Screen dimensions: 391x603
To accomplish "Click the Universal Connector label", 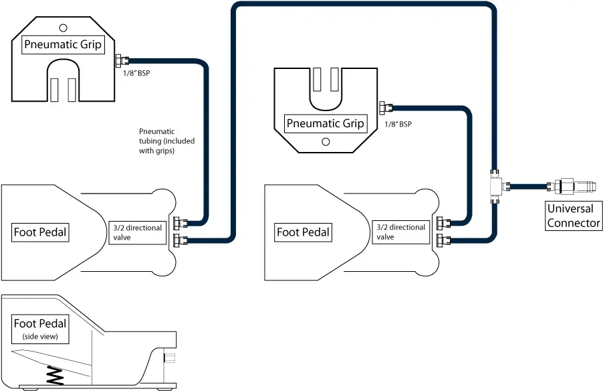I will click(x=574, y=216).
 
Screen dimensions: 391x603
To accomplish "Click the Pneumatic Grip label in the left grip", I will click(x=63, y=45).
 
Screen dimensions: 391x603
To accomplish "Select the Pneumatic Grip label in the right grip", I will click(x=325, y=123).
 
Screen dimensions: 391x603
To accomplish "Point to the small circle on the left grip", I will click(x=63, y=27).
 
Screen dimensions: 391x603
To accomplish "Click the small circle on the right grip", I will click(x=326, y=141).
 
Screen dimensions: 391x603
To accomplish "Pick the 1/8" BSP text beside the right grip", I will click(x=398, y=125).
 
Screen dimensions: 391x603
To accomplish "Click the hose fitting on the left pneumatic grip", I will click(x=120, y=61).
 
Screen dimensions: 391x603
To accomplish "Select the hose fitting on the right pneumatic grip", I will click(x=384, y=107).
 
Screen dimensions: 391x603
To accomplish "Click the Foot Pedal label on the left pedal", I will click(x=40, y=232).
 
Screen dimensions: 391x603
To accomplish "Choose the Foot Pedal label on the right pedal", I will click(x=303, y=232).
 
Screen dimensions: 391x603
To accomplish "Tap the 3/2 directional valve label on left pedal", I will click(x=137, y=232).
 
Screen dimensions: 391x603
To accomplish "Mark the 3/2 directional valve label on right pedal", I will click(x=400, y=232).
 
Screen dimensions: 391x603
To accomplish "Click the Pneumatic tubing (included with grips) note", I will click(x=156, y=141).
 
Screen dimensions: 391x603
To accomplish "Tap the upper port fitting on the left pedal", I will click(x=180, y=222).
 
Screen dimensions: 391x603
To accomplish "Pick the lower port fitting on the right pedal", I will click(x=443, y=240).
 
